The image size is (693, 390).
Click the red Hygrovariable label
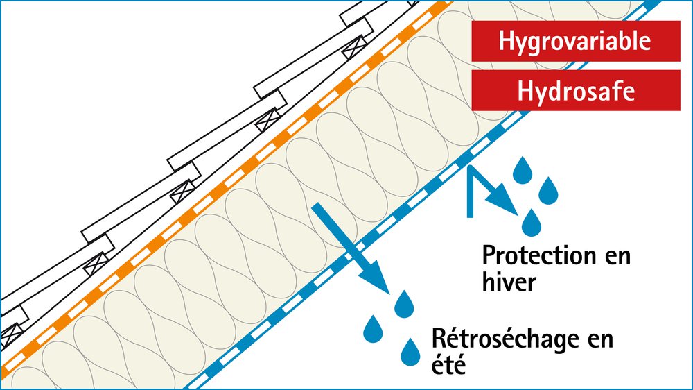coord(575,41)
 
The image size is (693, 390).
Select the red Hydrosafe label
coord(575,91)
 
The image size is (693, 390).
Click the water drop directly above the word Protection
coord(532,222)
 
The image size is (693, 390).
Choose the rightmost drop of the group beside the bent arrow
coord(549,190)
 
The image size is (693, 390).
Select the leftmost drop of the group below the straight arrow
coord(374,328)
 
